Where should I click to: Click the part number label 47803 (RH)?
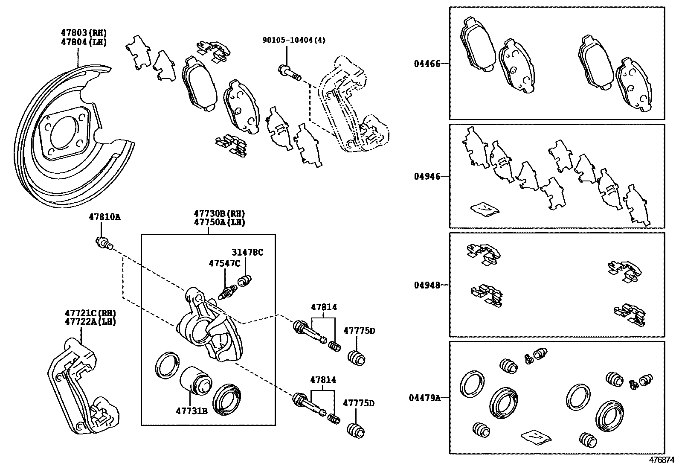point(84,33)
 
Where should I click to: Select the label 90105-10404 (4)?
point(294,40)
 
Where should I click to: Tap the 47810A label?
point(104,217)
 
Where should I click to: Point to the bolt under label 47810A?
point(104,244)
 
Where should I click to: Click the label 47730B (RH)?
point(220,214)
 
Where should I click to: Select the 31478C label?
point(247,252)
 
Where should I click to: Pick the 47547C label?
point(224,263)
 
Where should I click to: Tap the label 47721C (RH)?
point(84,313)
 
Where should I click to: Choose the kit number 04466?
point(427,64)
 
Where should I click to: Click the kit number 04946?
point(427,176)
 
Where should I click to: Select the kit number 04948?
point(427,285)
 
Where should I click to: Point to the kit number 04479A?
point(424,398)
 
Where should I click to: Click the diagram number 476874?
point(662,460)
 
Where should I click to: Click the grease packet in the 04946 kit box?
point(484,208)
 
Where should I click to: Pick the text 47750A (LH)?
point(220,222)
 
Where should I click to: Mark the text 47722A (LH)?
point(84,321)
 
